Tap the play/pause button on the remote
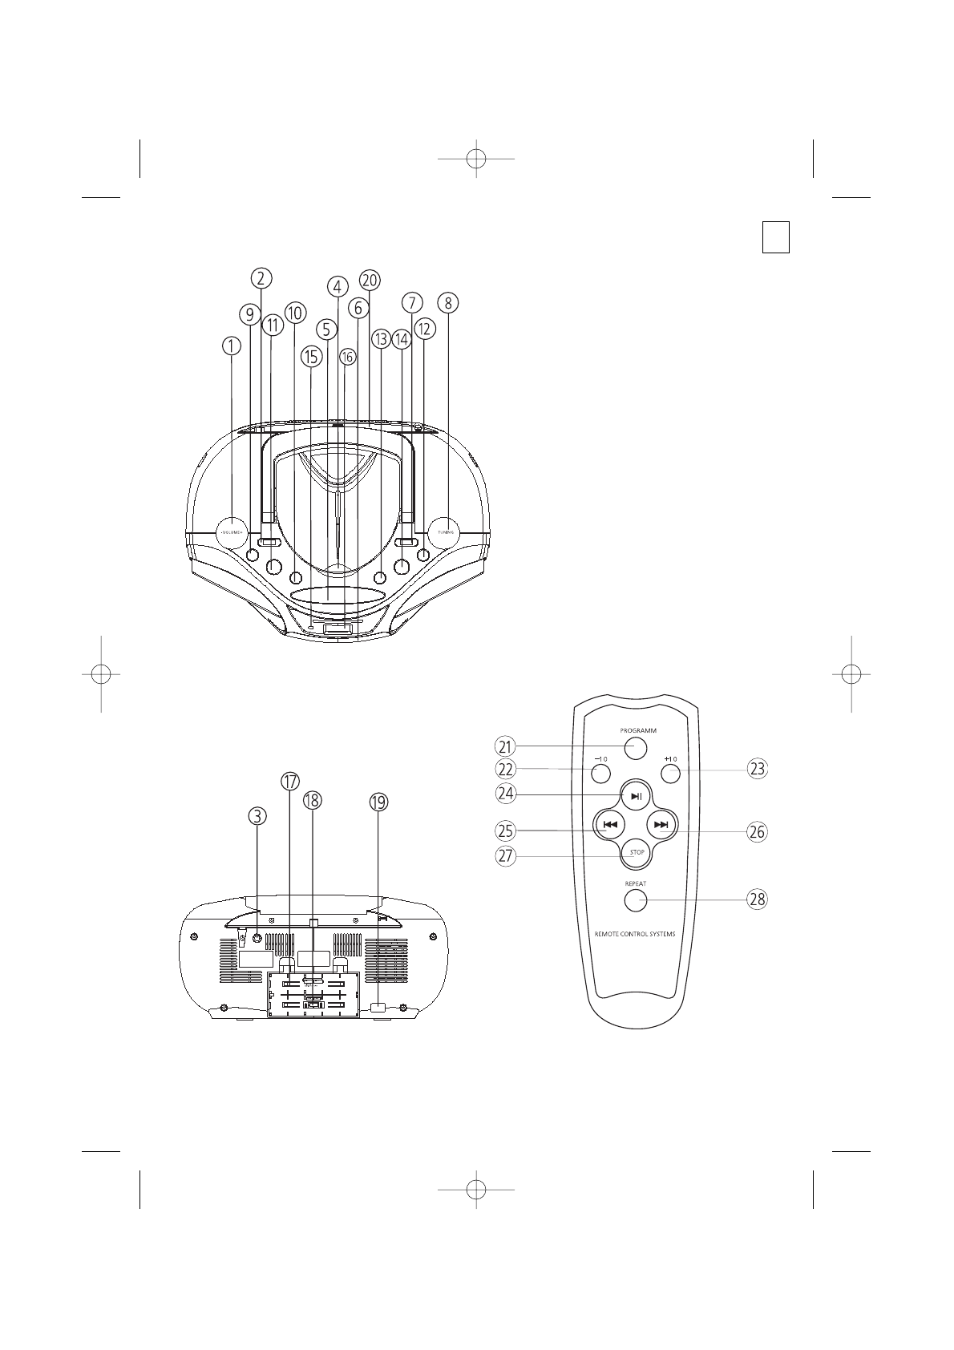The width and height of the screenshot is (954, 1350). click(x=636, y=796)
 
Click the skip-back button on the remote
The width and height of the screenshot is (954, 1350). click(x=610, y=824)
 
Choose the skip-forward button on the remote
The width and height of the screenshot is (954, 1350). click(x=661, y=824)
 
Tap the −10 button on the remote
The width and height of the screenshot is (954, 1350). click(x=600, y=773)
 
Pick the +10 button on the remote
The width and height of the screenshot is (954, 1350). click(x=671, y=773)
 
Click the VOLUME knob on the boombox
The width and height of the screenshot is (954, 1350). click(x=232, y=532)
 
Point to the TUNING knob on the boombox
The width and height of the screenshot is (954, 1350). click(x=445, y=532)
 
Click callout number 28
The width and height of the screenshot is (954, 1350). click(x=757, y=899)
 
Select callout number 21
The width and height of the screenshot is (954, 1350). click(x=504, y=747)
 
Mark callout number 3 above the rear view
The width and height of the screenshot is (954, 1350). click(x=257, y=816)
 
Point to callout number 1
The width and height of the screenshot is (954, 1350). click(x=231, y=346)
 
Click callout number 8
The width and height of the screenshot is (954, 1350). click(x=448, y=303)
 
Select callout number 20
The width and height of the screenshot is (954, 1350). click(x=370, y=280)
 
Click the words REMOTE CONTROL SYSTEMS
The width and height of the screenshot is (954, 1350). click(x=635, y=935)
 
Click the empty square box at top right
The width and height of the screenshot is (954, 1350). click(x=776, y=237)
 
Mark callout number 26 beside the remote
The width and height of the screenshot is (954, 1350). click(x=757, y=832)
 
